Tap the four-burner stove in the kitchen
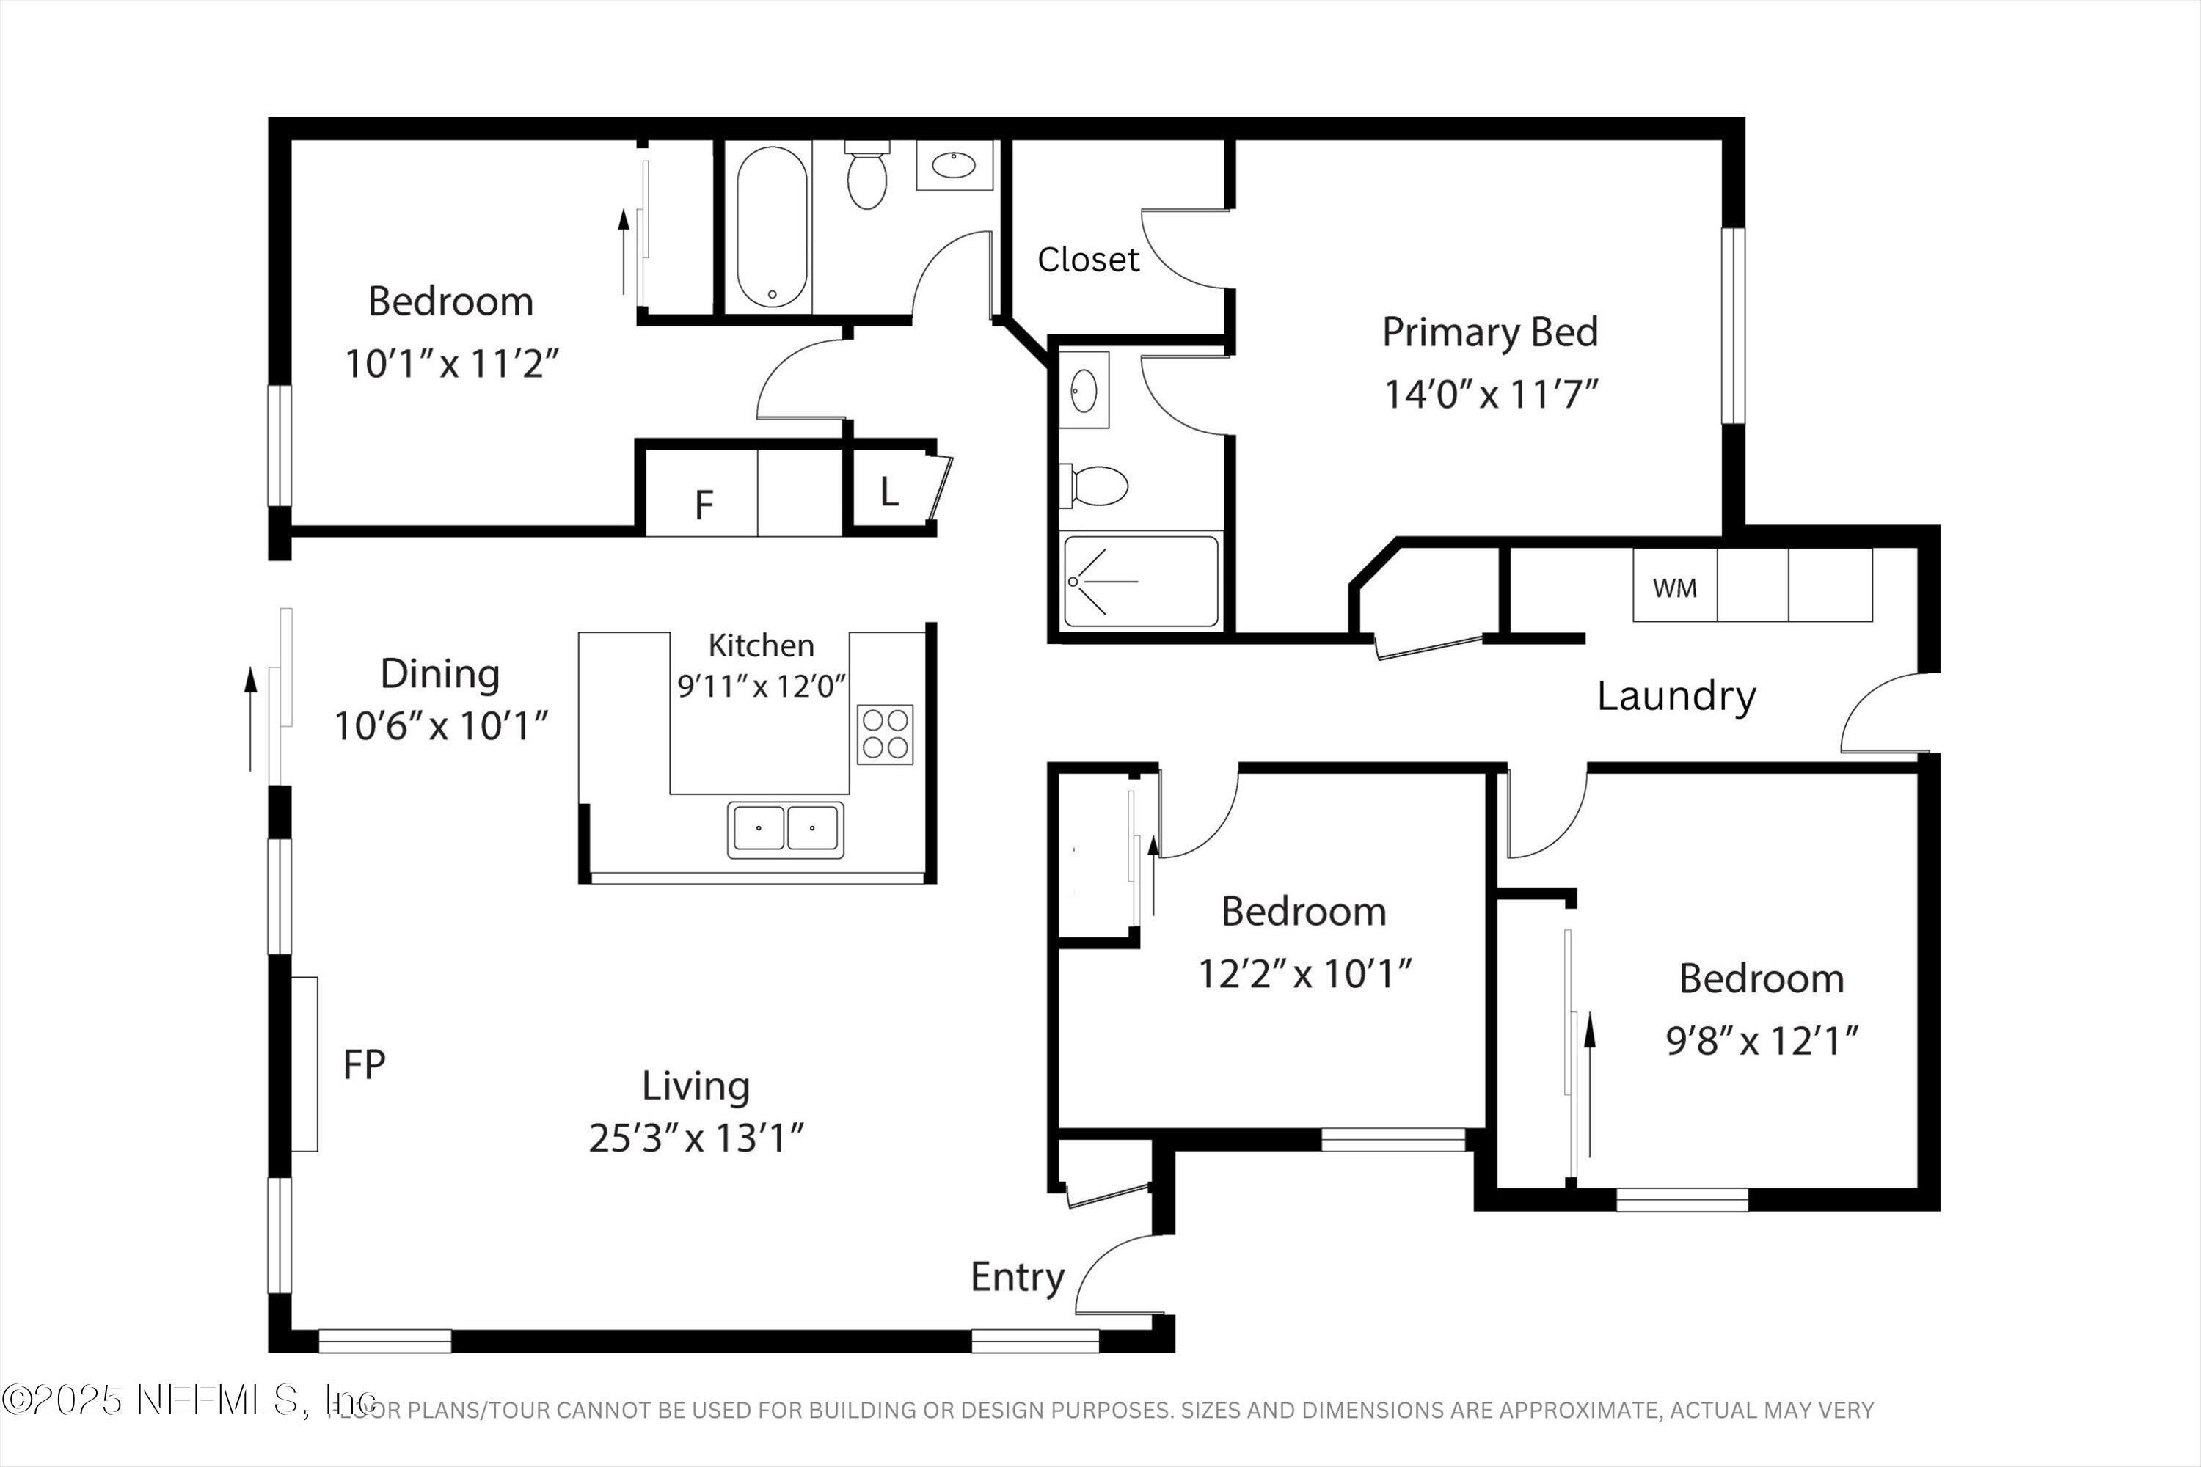884,734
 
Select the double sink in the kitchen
785,829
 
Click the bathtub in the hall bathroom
772,227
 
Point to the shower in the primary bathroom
1141,581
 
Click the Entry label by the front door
1017,1277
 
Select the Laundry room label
1675,696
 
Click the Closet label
1087,259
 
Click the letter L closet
889,492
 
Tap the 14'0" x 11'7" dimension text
1490,394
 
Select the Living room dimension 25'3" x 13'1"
696,1138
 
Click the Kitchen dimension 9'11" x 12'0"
761,686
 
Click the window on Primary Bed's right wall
1733,326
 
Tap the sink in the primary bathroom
1084,389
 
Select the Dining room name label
439,673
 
